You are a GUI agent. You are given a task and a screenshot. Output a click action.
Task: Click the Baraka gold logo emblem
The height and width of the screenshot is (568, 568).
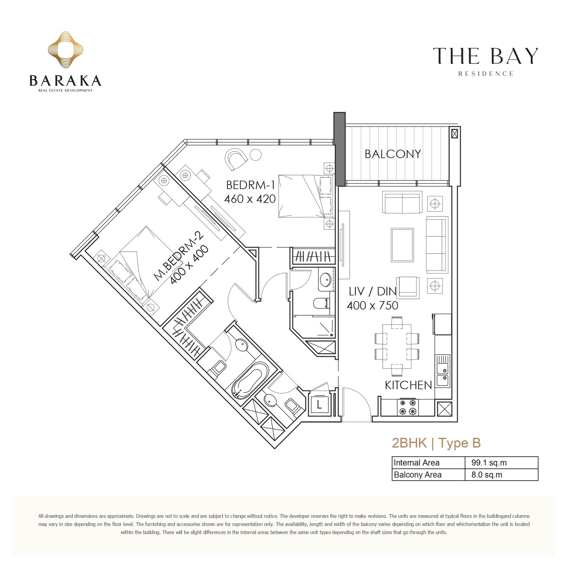tap(66, 50)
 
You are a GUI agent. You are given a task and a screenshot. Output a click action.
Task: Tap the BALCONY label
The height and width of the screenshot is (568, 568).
tap(393, 154)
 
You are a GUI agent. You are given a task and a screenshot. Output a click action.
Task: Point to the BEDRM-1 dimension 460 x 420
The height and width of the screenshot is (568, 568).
tap(250, 199)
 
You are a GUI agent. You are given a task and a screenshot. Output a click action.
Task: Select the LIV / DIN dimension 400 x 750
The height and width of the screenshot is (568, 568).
tap(372, 305)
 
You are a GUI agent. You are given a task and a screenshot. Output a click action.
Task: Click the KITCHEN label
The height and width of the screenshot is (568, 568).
tap(408, 385)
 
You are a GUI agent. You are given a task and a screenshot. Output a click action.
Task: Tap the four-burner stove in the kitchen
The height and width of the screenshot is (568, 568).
tap(408, 407)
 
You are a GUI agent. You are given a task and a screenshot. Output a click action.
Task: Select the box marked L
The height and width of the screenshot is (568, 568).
tap(319, 404)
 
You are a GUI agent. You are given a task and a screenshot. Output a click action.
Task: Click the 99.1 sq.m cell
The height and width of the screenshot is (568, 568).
tap(489, 463)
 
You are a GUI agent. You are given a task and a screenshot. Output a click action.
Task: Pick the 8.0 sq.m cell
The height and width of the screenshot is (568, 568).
tap(487, 475)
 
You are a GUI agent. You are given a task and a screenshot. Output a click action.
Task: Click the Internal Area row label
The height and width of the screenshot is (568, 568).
tap(416, 463)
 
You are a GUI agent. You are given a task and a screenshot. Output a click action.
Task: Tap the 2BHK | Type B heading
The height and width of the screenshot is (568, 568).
tap(436, 443)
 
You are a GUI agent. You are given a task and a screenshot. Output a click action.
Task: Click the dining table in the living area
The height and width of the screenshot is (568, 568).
tap(397, 346)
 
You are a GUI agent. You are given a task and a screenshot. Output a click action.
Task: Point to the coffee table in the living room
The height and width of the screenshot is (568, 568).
tap(402, 245)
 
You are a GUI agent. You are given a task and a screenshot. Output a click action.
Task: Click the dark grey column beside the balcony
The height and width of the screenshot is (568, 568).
tap(339, 149)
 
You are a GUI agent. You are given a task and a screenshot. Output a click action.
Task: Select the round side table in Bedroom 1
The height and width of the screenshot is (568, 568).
tap(256, 155)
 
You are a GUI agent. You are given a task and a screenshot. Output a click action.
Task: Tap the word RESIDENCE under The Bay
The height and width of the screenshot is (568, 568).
tap(486, 74)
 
